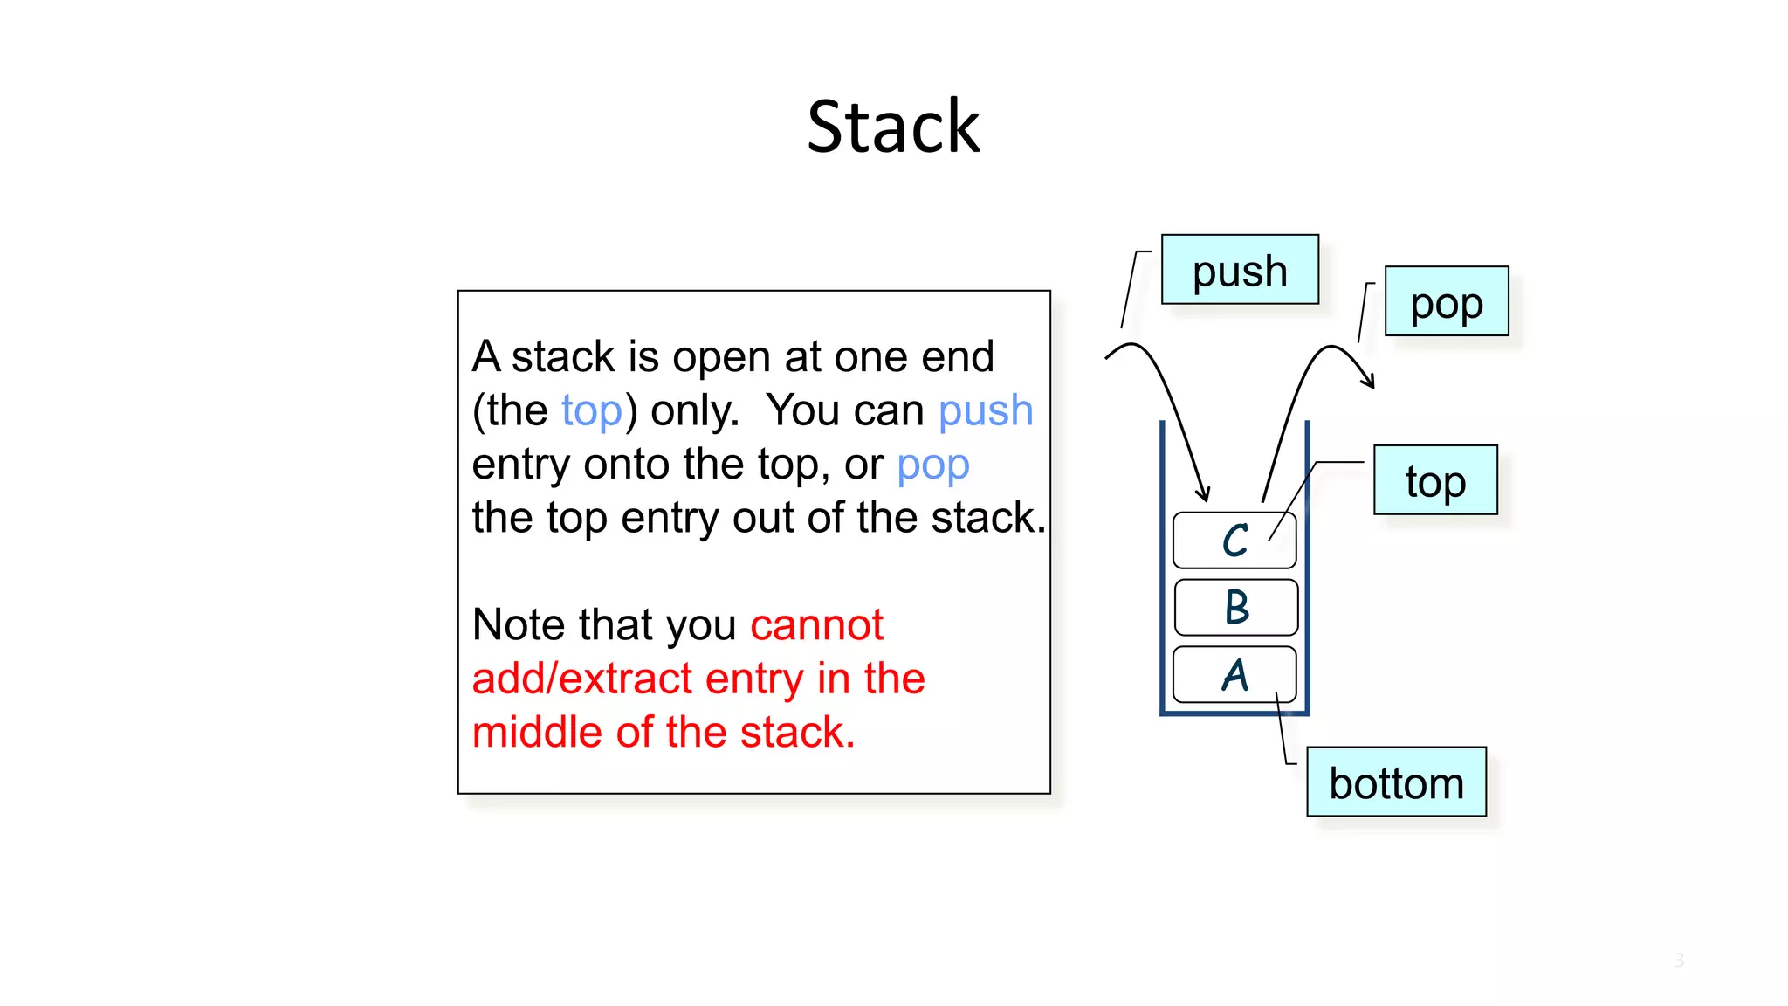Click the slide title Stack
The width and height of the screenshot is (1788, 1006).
click(x=893, y=127)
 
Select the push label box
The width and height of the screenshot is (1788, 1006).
click(x=1239, y=270)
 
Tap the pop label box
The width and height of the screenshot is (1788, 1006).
click(x=1446, y=302)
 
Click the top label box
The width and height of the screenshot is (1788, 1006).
click(x=1434, y=480)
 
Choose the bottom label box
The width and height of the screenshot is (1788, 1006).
click(x=1395, y=782)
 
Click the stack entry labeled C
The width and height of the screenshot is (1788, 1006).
click(x=1234, y=541)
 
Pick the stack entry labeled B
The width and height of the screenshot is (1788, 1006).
click(x=1235, y=607)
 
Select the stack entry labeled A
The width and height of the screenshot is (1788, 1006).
click(x=1234, y=675)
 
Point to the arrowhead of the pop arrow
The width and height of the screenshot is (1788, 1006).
click(x=1371, y=382)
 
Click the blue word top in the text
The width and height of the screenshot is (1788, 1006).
click(x=591, y=410)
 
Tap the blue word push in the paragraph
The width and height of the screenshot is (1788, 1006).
click(x=985, y=410)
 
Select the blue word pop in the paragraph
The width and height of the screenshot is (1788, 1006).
click(x=932, y=465)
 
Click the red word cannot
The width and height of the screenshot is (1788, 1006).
click(x=816, y=625)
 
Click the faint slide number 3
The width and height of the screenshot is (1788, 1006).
click(x=1678, y=961)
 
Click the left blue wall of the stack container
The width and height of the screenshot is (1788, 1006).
click(x=1162, y=568)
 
